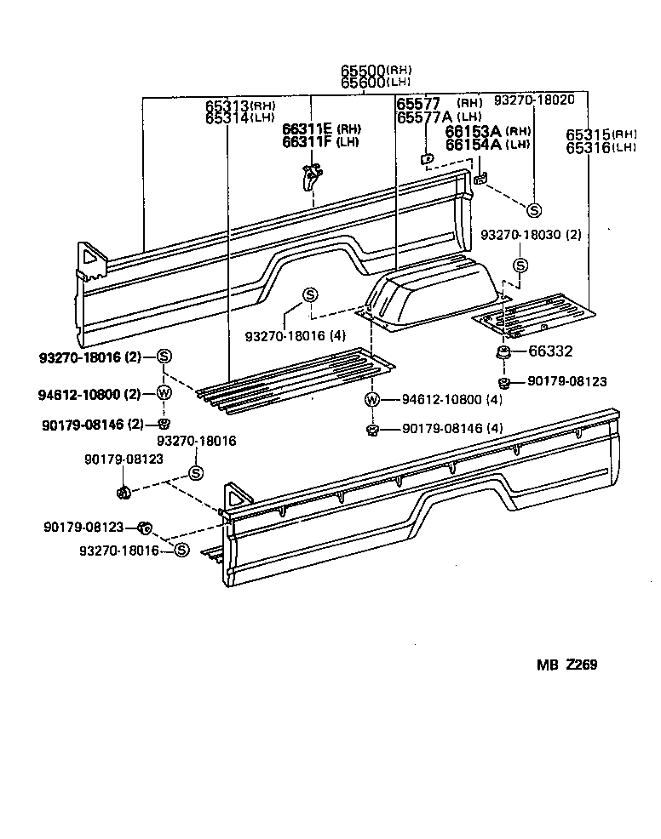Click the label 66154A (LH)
pyautogui.click(x=487, y=145)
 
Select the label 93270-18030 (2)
pyautogui.click(x=531, y=235)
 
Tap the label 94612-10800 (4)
pyautogui.click(x=440, y=399)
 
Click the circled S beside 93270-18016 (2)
pyautogui.click(x=164, y=357)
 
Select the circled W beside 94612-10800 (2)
pyautogui.click(x=164, y=392)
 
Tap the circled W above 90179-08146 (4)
pyautogui.click(x=372, y=399)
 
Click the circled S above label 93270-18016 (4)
pyautogui.click(x=311, y=295)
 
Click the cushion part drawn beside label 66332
pyautogui.click(x=504, y=351)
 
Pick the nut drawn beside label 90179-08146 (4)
pyautogui.click(x=372, y=429)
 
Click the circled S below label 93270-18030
pyautogui.click(x=520, y=265)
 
